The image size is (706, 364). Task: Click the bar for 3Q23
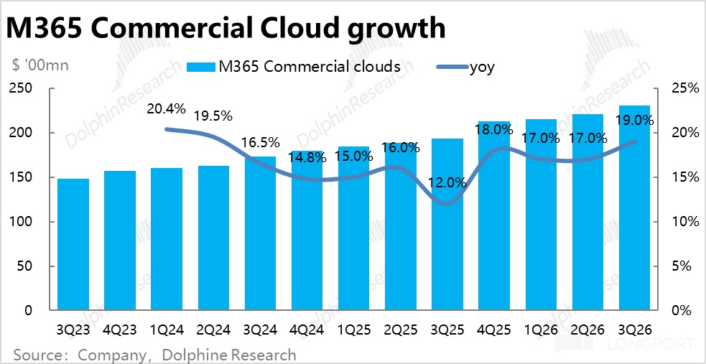(73, 244)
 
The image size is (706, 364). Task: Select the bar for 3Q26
(634, 208)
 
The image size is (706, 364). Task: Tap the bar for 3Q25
(447, 224)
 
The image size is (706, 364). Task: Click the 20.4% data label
(167, 110)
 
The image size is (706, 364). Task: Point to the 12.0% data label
(447, 183)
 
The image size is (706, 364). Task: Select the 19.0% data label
(635, 121)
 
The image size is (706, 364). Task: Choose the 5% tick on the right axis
(683, 266)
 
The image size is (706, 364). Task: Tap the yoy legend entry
(482, 67)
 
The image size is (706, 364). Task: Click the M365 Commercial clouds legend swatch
(200, 67)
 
